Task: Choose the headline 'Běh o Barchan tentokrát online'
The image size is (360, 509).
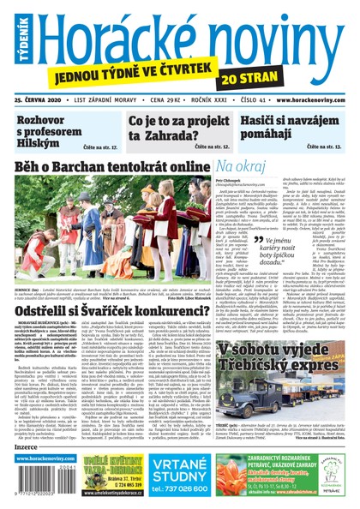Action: [x=111, y=165]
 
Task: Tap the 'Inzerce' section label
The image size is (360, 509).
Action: [x=27, y=446]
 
